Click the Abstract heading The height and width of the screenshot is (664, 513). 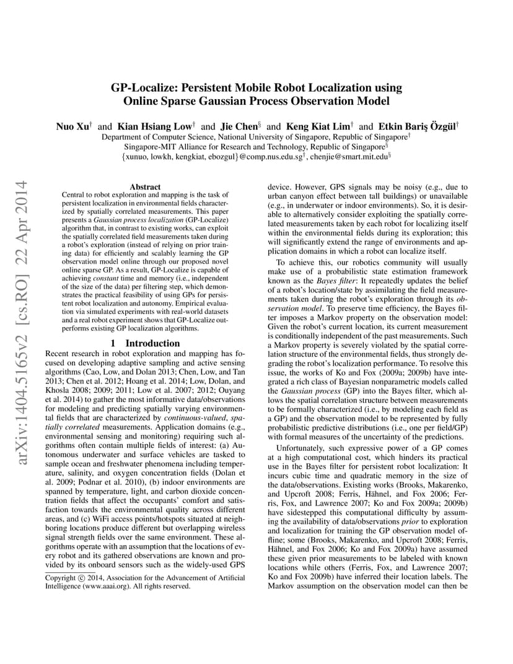[x=145, y=186]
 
